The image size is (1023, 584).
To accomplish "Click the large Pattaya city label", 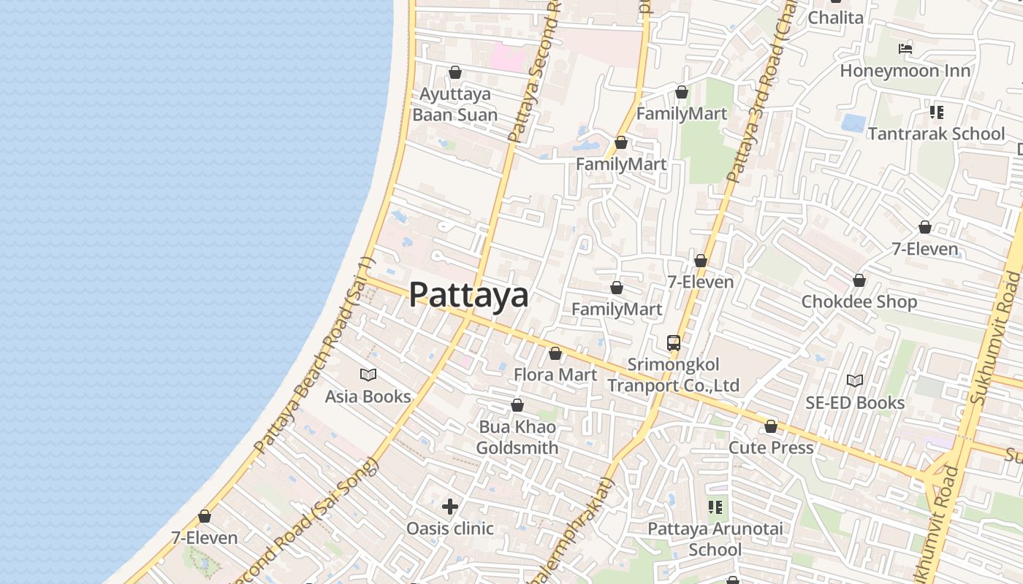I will [x=468, y=295].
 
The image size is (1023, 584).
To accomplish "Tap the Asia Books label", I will [x=368, y=396].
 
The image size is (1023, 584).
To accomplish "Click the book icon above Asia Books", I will [x=368, y=375].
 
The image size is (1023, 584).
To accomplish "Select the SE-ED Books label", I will [x=855, y=402].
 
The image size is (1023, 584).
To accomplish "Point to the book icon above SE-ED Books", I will [x=855, y=381].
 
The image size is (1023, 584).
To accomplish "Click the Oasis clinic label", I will [x=450, y=528].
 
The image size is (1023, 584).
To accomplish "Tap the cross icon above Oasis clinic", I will [x=450, y=506].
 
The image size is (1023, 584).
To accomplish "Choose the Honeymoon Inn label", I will [x=905, y=71].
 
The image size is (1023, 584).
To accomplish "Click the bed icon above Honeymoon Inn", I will [x=905, y=49].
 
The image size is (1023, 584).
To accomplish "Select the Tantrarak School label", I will [x=936, y=134].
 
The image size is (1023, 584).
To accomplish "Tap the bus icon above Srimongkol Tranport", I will [x=673, y=342].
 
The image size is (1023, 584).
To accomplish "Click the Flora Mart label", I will [x=555, y=374].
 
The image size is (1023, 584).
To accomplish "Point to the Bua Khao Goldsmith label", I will [x=517, y=437].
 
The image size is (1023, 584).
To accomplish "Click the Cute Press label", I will [x=771, y=447].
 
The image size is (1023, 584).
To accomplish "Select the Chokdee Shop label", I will [x=859, y=301].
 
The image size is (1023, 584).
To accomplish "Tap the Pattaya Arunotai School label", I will [x=715, y=539].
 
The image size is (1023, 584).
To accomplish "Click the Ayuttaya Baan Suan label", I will [x=455, y=104].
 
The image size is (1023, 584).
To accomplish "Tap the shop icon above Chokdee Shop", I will [x=859, y=280].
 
